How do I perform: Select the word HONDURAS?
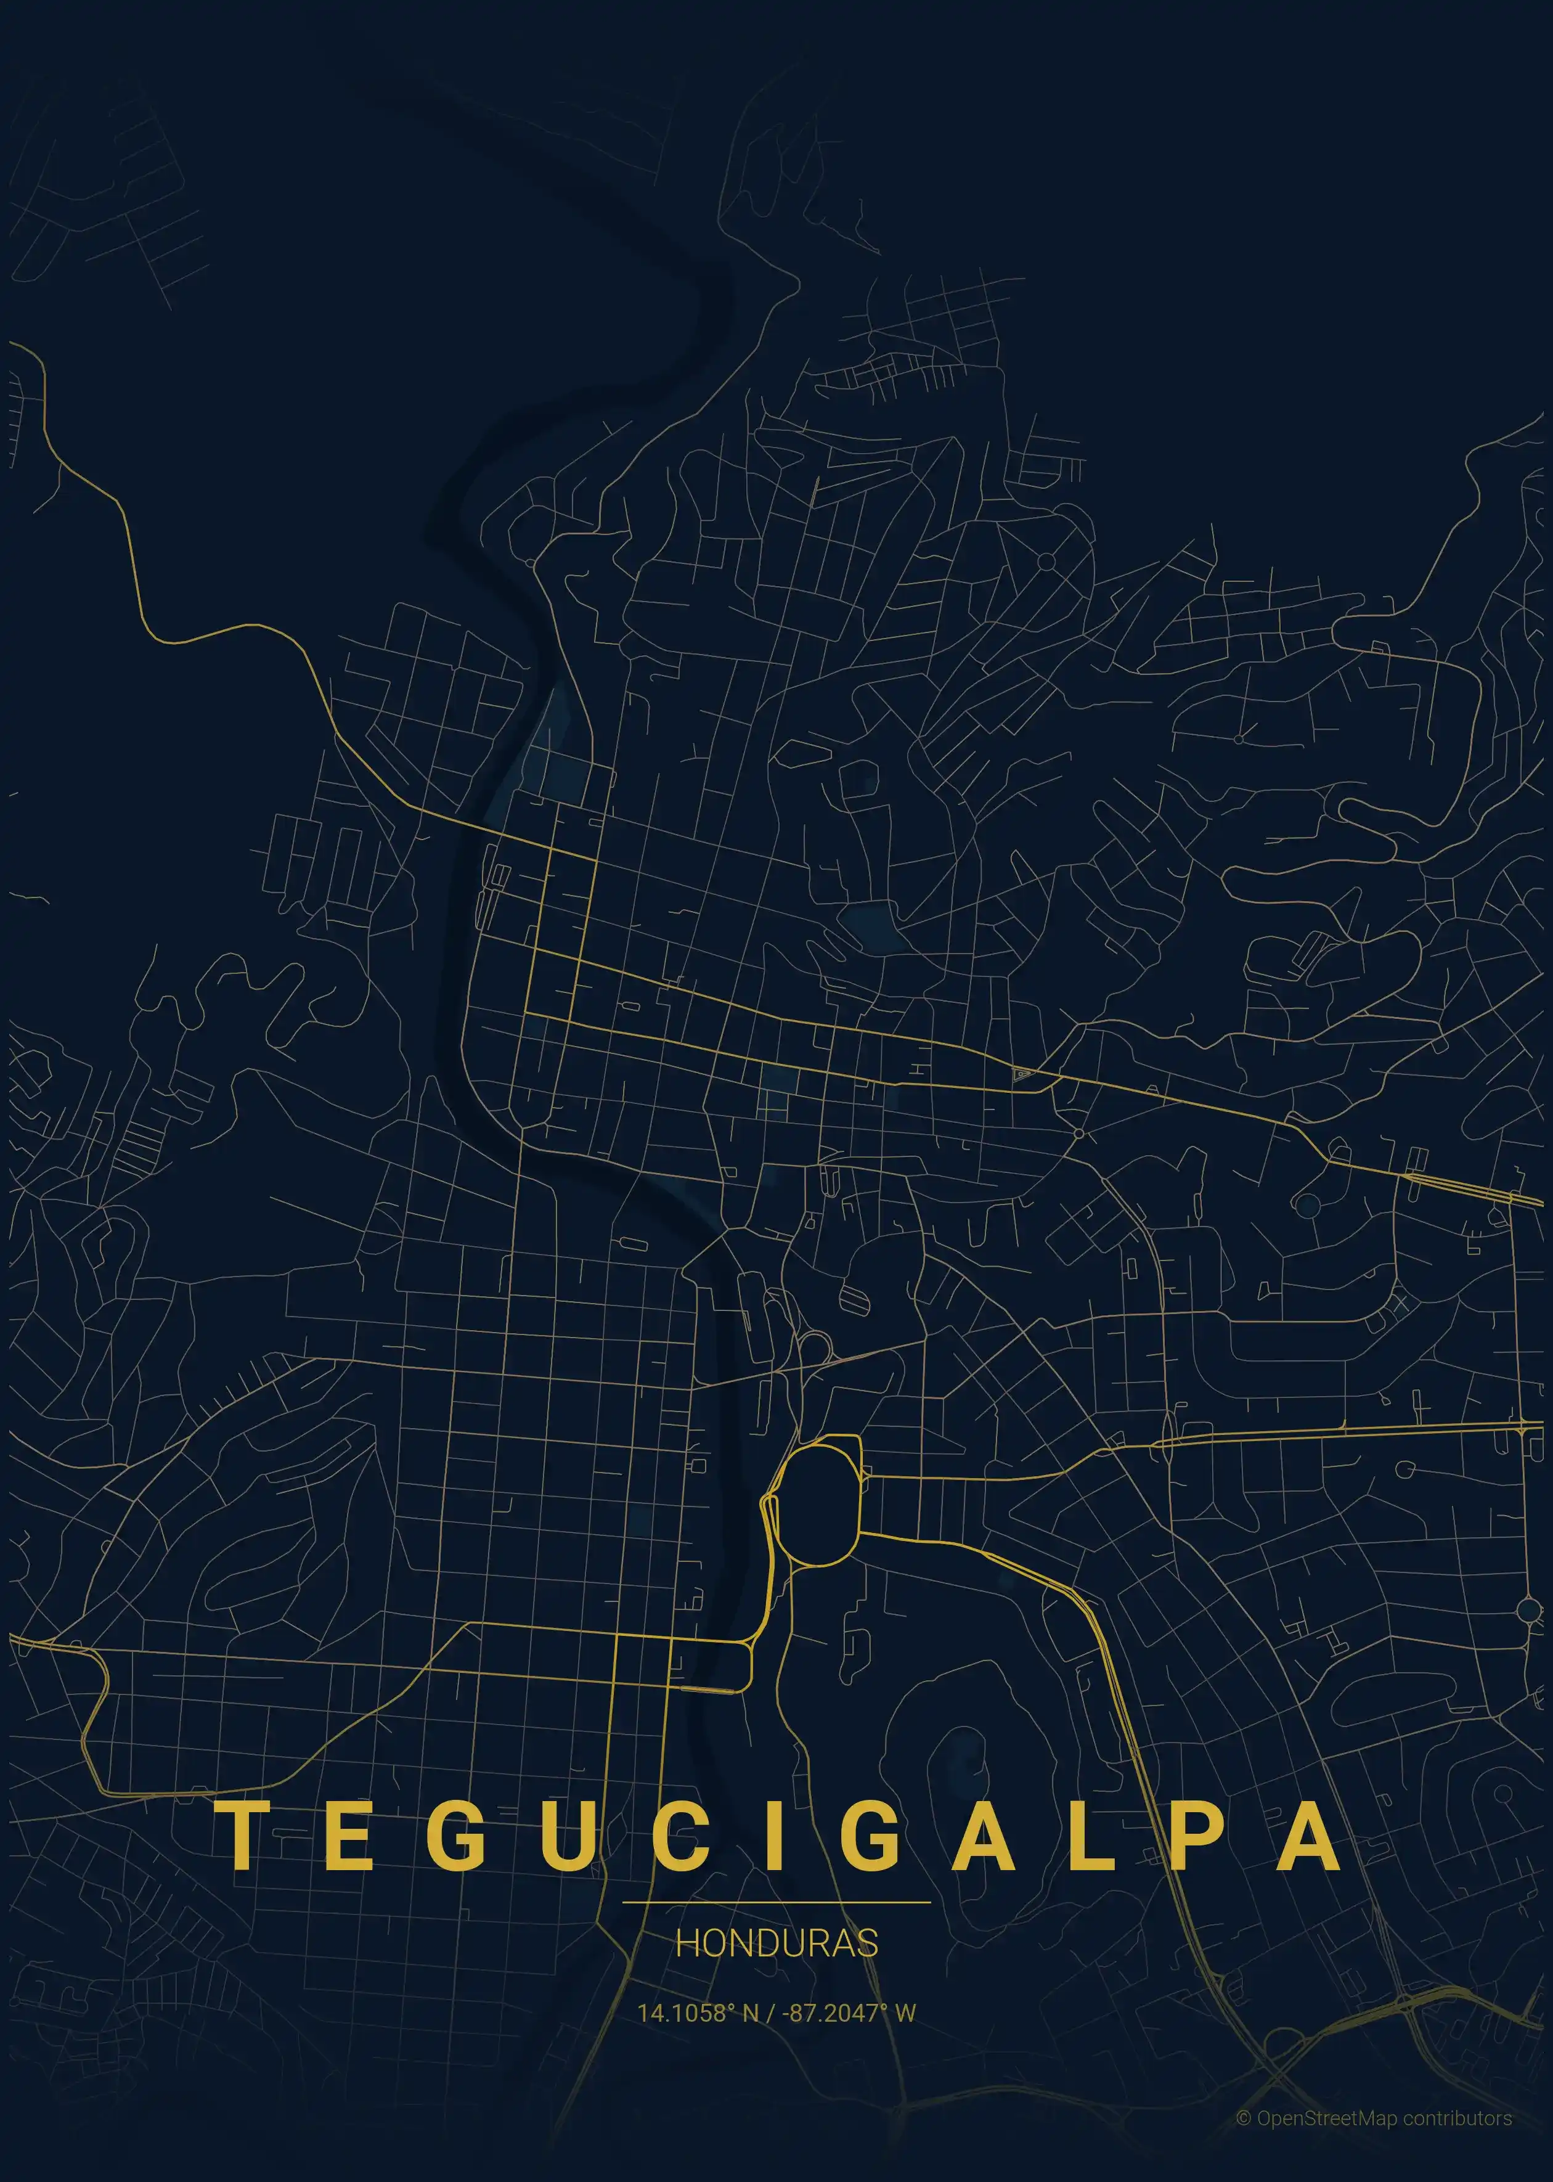(776, 1943)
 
